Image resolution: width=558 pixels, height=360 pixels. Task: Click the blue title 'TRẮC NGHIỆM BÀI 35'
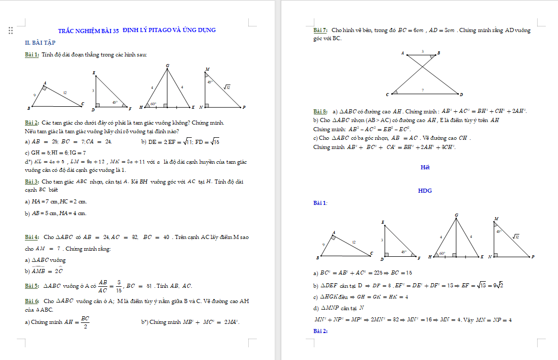click(88, 31)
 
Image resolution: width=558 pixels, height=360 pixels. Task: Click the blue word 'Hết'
click(425, 167)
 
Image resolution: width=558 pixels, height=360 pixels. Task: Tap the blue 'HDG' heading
click(425, 191)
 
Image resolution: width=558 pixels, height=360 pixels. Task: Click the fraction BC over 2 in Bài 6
click(85, 322)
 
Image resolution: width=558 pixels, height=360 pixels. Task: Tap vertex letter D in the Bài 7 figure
click(461, 95)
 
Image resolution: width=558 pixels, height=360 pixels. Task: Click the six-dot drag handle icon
click(11, 31)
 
